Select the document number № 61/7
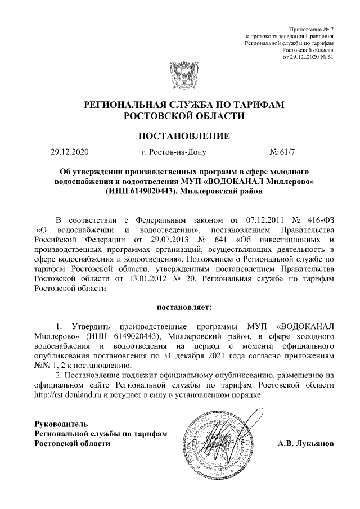pyautogui.click(x=285, y=152)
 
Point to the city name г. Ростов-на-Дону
pyautogui.click(x=174, y=152)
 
